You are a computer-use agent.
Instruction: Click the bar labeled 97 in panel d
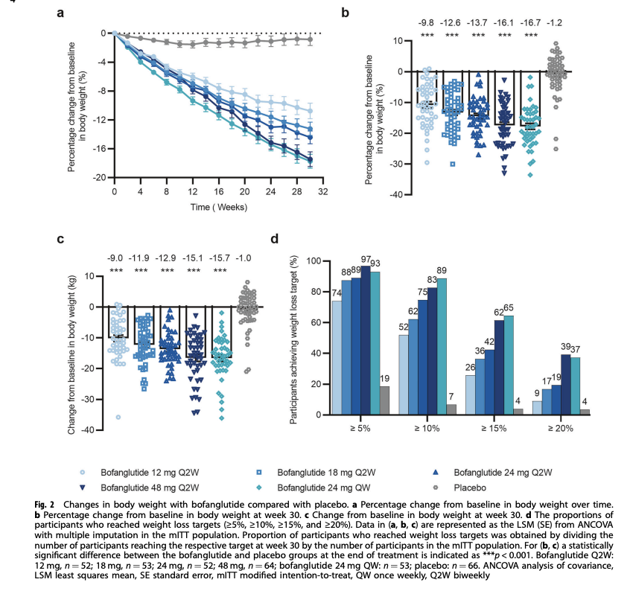(x=366, y=342)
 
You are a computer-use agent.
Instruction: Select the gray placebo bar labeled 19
(x=384, y=403)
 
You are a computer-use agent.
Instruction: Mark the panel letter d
(x=275, y=239)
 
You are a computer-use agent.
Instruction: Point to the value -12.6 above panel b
(x=451, y=22)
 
